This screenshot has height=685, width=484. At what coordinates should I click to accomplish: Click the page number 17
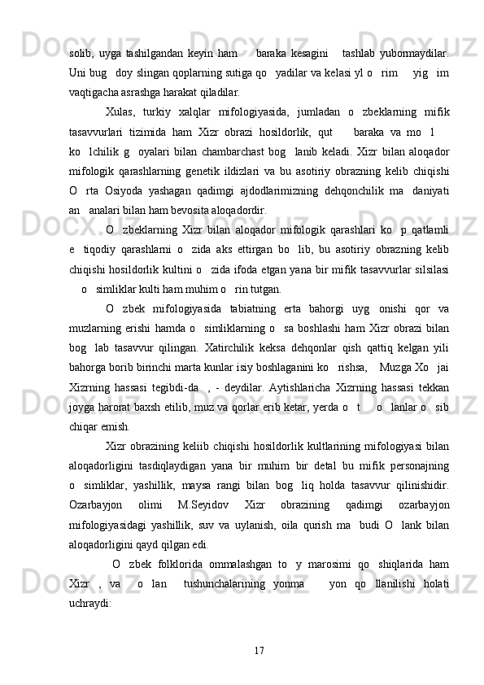[259, 649]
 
